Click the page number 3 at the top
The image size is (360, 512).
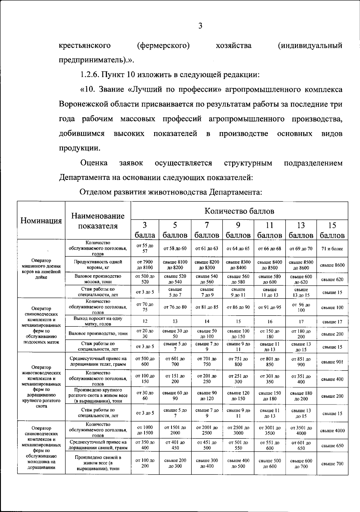click(200, 26)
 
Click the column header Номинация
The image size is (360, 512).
click(41, 221)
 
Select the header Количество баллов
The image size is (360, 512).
click(239, 211)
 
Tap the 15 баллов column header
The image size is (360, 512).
click(332, 230)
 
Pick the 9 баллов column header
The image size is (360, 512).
click(238, 230)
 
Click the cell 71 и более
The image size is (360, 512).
click(332, 249)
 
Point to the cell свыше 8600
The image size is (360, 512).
click(332, 265)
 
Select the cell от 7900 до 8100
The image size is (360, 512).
click(145, 265)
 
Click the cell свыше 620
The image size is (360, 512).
click(332, 279)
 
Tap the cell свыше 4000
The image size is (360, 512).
click(332, 430)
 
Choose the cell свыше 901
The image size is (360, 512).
click(332, 362)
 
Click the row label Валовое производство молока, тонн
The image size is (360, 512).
click(98, 279)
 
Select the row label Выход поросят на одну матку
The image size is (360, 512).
click(98, 321)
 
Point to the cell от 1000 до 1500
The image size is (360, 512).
click(145, 430)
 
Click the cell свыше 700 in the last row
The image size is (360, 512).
click(332, 464)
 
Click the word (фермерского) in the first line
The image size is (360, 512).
click(163, 46)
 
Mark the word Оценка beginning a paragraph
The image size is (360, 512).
click(94, 163)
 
